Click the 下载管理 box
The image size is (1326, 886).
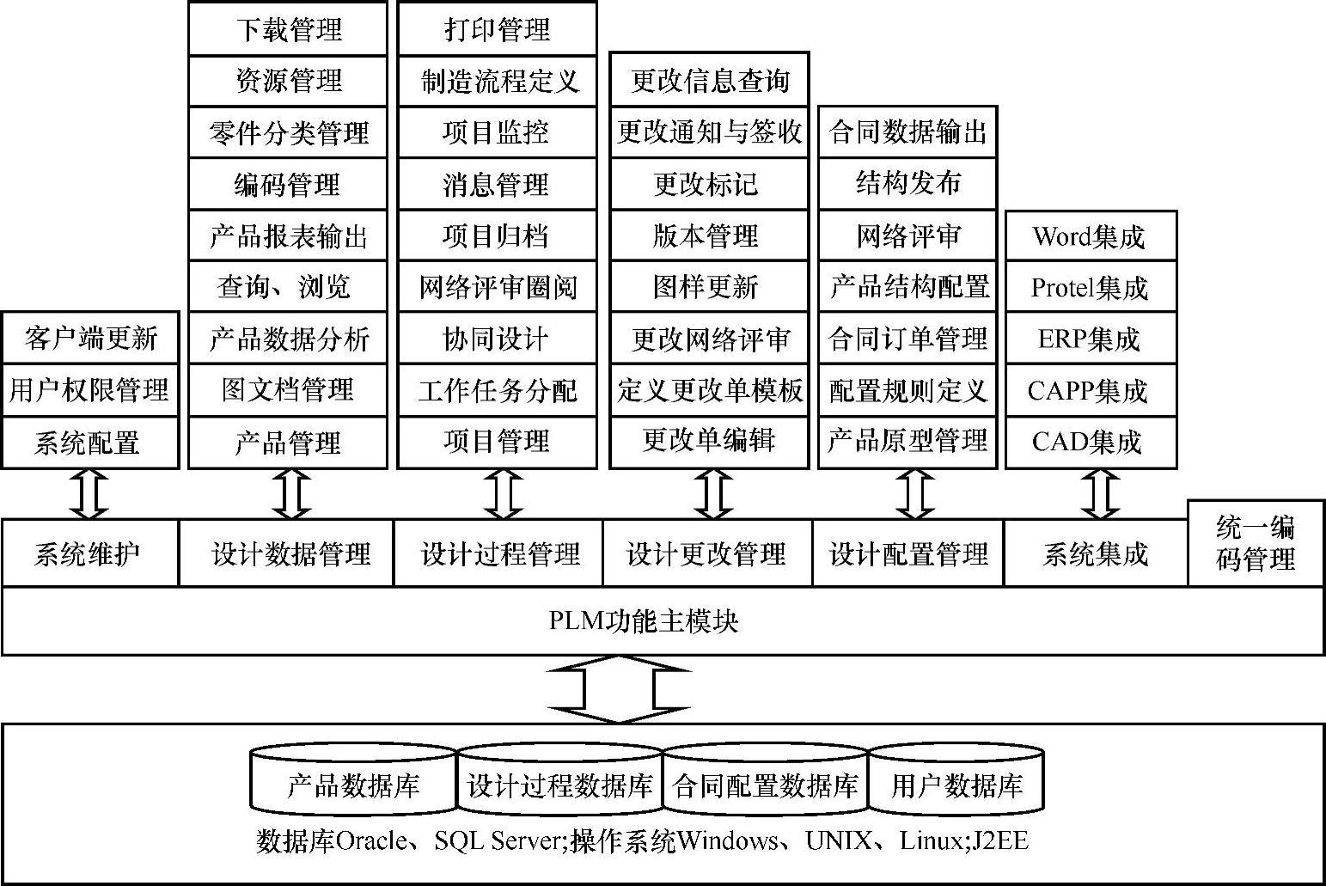[x=288, y=30]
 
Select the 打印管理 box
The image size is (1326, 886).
[x=497, y=30]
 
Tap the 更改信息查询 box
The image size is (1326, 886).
[x=709, y=81]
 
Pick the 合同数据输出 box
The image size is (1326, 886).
[x=907, y=132]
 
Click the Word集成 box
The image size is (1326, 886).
[x=1090, y=236]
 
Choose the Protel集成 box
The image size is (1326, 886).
[x=1090, y=288]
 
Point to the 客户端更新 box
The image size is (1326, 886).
[x=90, y=338]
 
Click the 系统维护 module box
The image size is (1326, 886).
[x=89, y=554]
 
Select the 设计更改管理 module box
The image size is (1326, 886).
[x=706, y=554]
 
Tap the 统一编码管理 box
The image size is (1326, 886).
[x=1256, y=544]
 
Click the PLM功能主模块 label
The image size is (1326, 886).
[x=644, y=621]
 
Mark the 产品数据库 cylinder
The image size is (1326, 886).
[x=353, y=785]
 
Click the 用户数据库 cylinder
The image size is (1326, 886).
[x=956, y=785]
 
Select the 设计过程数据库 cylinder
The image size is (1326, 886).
[x=560, y=785]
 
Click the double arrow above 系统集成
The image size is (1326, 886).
[x=1099, y=494]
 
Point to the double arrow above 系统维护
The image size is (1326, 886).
[x=89, y=494]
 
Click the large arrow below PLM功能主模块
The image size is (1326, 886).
[x=620, y=689]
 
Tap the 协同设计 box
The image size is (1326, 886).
[x=497, y=339]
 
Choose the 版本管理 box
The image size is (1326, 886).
[x=706, y=236]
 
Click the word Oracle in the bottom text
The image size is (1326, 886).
[x=370, y=840]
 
